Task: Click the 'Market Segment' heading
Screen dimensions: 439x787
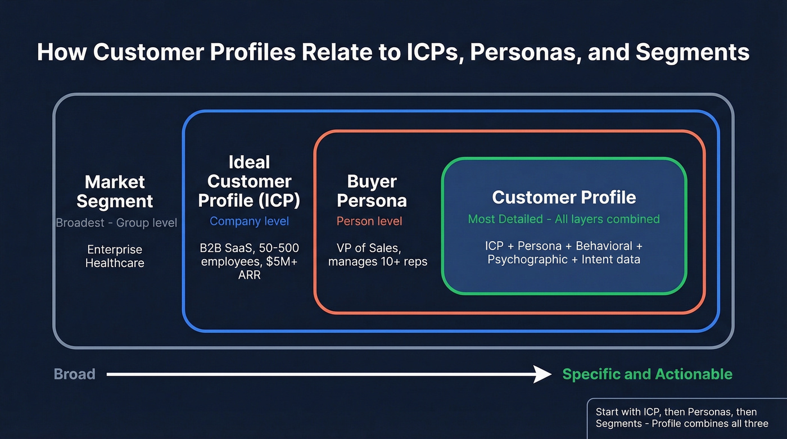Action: (115, 192)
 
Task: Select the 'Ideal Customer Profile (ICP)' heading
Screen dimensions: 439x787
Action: (249, 181)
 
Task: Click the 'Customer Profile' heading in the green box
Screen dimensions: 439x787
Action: (564, 197)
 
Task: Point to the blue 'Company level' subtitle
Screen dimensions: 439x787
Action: (249, 221)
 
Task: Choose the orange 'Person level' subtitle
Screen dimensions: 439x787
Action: (369, 221)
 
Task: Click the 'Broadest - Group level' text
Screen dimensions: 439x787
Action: (116, 223)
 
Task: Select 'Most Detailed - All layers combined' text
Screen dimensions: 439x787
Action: (564, 219)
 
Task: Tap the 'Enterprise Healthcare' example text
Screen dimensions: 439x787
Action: (115, 256)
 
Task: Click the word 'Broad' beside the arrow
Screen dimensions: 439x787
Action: (74, 374)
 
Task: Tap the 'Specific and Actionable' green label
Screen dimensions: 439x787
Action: (647, 374)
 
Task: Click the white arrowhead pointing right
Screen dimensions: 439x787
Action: (542, 374)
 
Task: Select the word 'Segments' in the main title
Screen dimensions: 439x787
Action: (693, 52)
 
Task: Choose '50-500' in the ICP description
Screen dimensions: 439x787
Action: (279, 248)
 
